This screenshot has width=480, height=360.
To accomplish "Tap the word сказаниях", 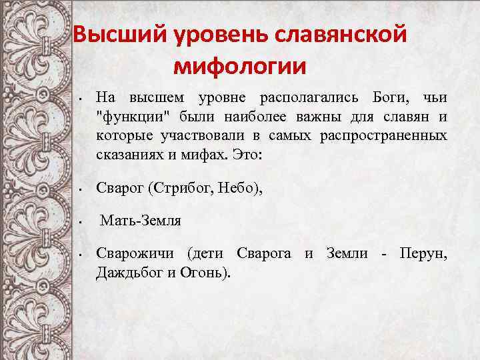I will tap(127, 156).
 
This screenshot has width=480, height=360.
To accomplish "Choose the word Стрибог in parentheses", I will tap(179, 189).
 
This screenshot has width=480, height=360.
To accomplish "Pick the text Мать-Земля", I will tap(141, 220).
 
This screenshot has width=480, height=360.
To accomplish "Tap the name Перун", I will tap(423, 253).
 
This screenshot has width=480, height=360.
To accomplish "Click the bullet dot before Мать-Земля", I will tap(79, 221).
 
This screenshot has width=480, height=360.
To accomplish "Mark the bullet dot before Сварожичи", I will tap(79, 255).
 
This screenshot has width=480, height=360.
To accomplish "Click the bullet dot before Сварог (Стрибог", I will tap(79, 190).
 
